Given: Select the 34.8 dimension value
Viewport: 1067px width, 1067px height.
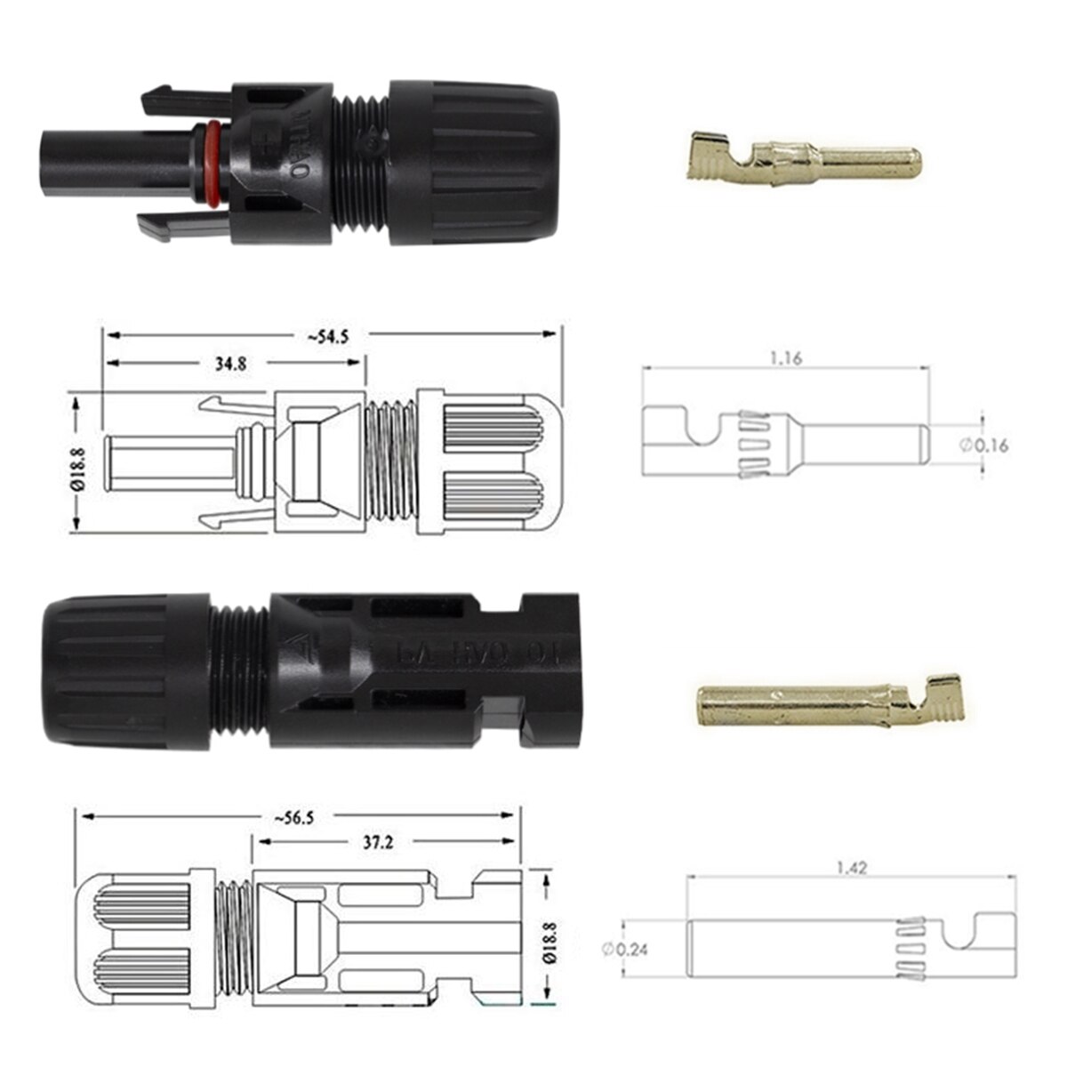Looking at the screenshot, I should coord(229,363).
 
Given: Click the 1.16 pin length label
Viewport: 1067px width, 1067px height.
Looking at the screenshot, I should coord(786,359).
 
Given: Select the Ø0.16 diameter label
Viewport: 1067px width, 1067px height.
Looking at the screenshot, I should coord(984,445).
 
